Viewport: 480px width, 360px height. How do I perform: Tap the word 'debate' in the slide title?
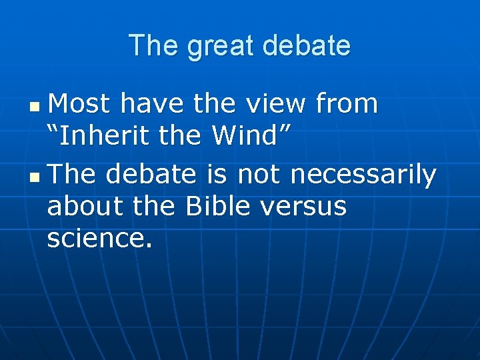tap(307, 46)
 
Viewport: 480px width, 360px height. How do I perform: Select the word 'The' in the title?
tap(154, 46)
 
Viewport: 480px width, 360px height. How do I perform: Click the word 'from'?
tap(347, 104)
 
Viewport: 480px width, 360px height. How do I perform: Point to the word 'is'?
tap(217, 175)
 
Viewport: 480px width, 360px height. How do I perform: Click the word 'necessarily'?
tap(364, 175)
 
